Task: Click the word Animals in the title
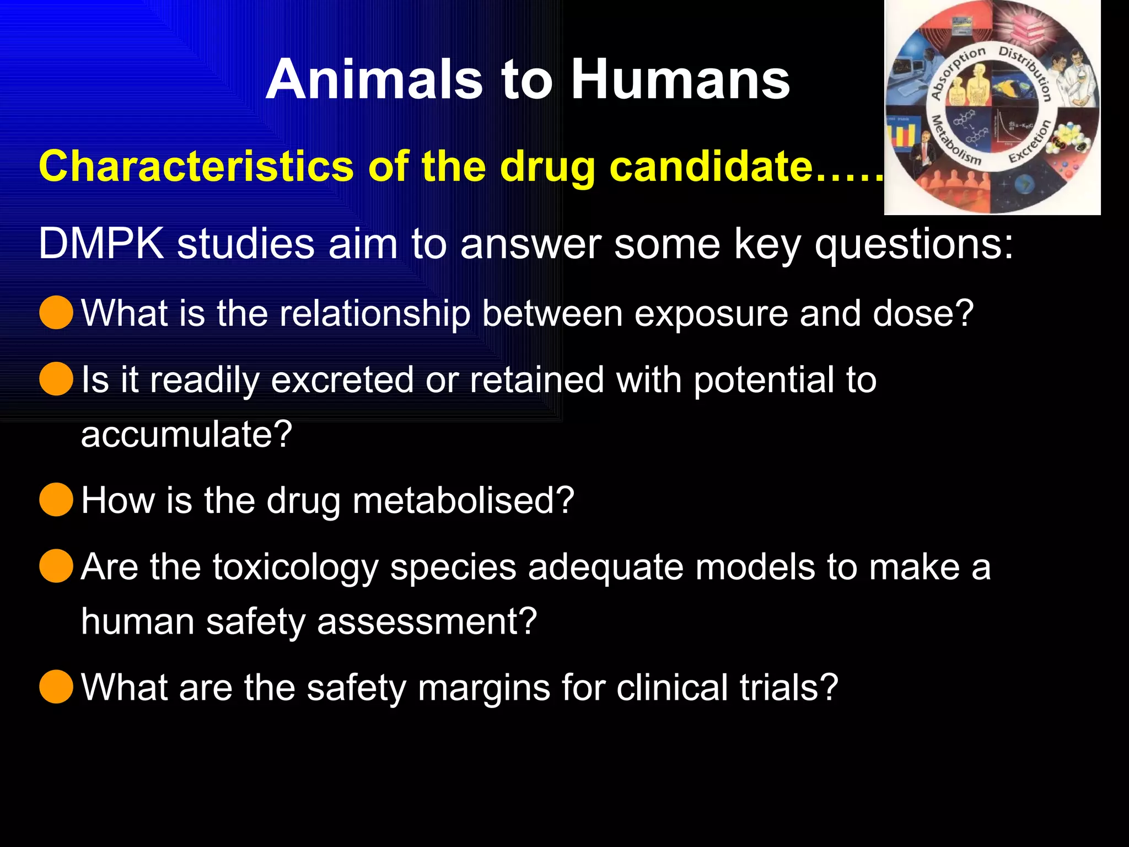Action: (375, 81)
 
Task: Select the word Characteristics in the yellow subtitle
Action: (196, 166)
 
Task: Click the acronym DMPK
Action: (101, 243)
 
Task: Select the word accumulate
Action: (186, 435)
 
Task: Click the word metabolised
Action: (463, 501)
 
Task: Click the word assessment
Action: (426, 622)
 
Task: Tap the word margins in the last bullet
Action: (484, 688)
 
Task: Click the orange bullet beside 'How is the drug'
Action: (56, 500)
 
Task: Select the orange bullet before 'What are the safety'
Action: (56, 687)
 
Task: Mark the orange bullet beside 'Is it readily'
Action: (56, 379)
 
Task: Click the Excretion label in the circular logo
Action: (1030, 142)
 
